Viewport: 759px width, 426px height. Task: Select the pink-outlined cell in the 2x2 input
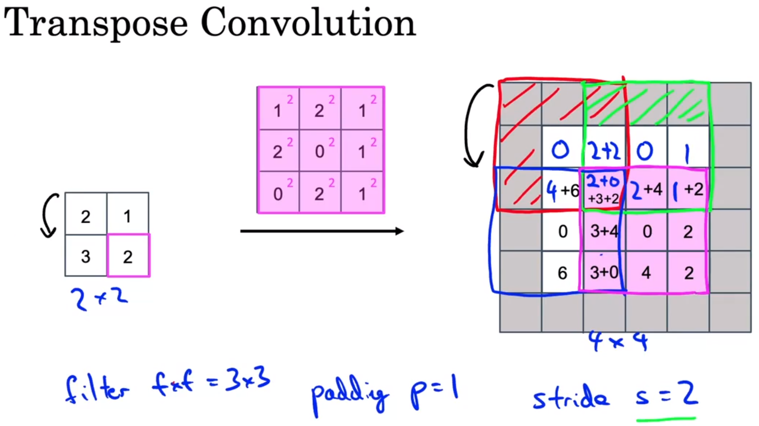(128, 256)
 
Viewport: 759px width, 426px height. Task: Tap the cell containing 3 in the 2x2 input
(86, 256)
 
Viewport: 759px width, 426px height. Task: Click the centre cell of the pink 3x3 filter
(320, 151)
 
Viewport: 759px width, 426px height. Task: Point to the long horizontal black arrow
(322, 231)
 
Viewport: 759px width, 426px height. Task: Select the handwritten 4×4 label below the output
(618, 341)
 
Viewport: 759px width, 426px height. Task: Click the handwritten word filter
(97, 388)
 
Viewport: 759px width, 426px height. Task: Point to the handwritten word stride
(570, 398)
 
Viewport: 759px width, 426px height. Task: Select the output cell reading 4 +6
(562, 189)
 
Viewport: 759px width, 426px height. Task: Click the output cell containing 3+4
(604, 231)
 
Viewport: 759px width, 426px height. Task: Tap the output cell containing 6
(562, 273)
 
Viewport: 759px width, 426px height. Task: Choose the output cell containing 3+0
(604, 272)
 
